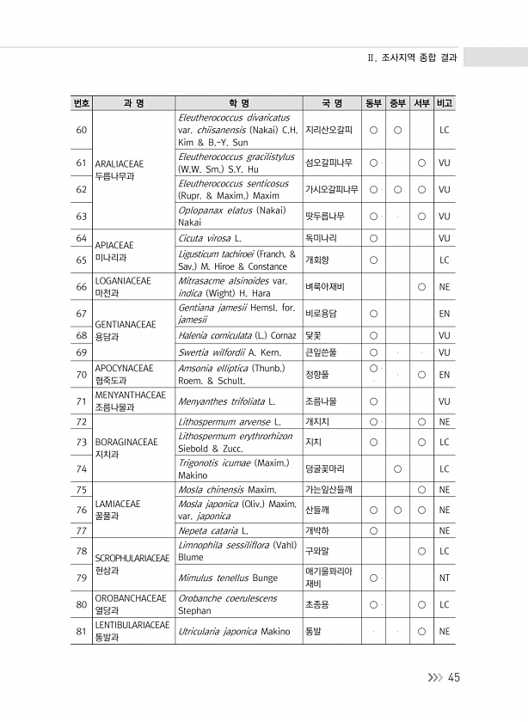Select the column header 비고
pyautogui.click(x=445, y=104)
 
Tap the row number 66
pyautogui.click(x=81, y=287)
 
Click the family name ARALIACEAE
pyautogui.click(x=120, y=162)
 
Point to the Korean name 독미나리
pyautogui.click(x=322, y=238)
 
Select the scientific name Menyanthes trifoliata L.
pyautogui.click(x=226, y=401)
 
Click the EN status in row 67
pyautogui.click(x=445, y=314)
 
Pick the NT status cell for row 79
pyautogui.click(x=445, y=578)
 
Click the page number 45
pyautogui.click(x=453, y=677)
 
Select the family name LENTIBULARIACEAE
pyautogui.click(x=132, y=625)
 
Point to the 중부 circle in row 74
pyautogui.click(x=397, y=468)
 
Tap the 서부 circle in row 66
pyautogui.click(x=421, y=287)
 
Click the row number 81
pyautogui.click(x=81, y=632)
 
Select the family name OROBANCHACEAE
pyautogui.click(x=130, y=598)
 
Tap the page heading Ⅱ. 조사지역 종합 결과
pyautogui.click(x=412, y=57)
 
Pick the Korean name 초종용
pyautogui.click(x=317, y=604)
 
